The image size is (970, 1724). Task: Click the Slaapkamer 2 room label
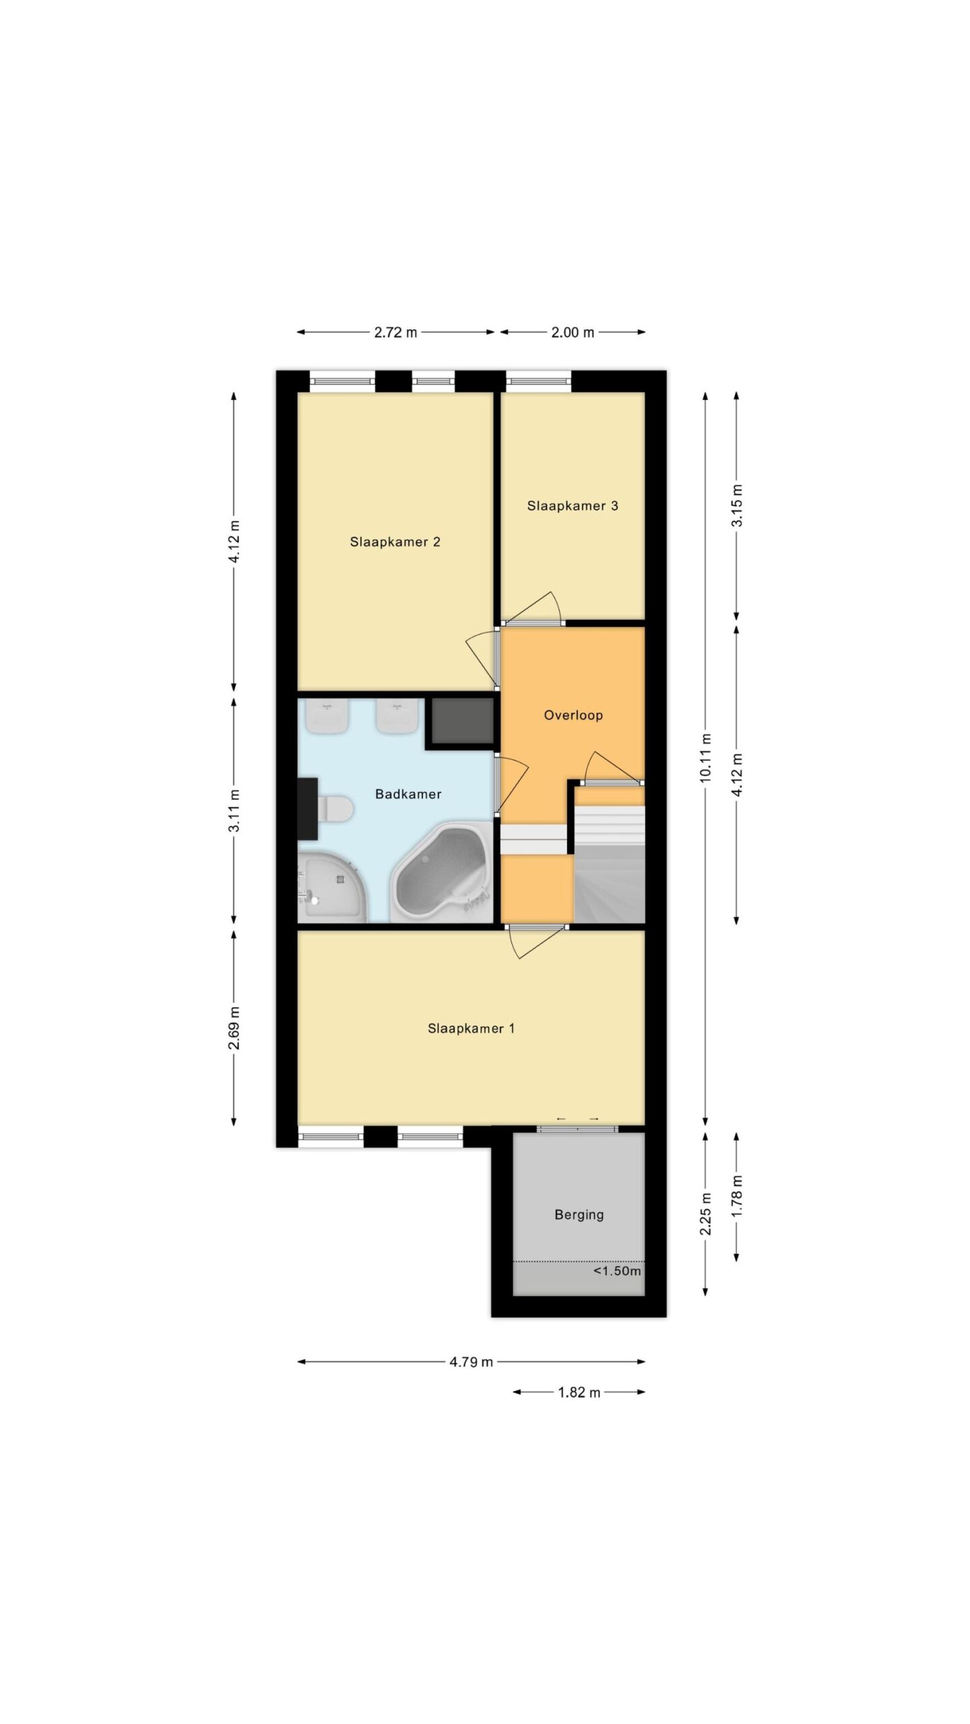tap(395, 541)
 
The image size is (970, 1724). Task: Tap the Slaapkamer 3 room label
tap(573, 506)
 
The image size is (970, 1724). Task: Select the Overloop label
tap(573, 715)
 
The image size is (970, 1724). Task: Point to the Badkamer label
tap(408, 794)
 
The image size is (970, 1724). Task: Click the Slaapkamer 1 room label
tap(471, 1028)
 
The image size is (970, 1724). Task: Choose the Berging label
tap(579, 1215)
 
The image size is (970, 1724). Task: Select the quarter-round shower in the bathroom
tap(332, 888)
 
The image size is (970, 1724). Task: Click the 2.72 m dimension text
tap(395, 332)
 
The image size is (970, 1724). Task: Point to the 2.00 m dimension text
tap(573, 332)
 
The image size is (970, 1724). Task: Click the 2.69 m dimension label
tap(234, 1028)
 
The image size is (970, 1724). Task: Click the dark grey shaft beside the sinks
tap(462, 721)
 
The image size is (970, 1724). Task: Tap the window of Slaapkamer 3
tap(539, 381)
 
